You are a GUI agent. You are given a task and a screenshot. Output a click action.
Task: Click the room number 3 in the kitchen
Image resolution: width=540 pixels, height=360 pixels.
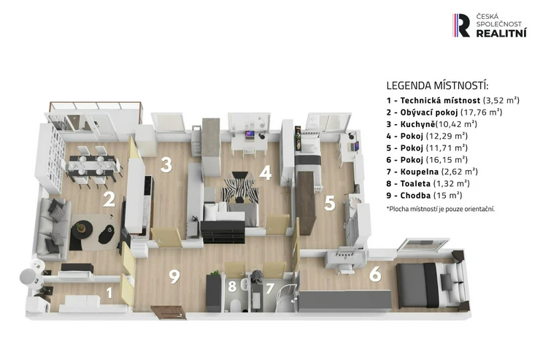(x=166, y=165)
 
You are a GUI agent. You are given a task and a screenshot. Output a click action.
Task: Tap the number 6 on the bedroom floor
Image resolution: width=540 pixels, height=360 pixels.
(x=375, y=275)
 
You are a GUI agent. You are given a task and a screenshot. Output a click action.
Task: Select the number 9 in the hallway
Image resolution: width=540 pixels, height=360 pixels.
(x=174, y=276)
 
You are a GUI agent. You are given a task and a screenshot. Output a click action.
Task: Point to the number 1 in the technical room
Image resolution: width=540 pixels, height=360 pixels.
(x=109, y=293)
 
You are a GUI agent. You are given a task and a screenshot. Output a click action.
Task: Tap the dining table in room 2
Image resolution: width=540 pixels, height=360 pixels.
(x=91, y=164)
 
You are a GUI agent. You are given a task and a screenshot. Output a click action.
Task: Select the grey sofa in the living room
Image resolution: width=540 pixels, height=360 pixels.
(x=53, y=229)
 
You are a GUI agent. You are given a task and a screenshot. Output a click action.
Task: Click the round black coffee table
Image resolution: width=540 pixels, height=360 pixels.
(x=82, y=230)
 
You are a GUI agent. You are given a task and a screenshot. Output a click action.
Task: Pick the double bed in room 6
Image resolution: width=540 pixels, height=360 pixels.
(x=431, y=285)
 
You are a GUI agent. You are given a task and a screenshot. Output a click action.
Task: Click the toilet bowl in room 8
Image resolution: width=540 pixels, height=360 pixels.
(x=236, y=305)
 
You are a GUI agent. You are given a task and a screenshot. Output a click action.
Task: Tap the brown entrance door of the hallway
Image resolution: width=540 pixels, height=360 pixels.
(x=169, y=312)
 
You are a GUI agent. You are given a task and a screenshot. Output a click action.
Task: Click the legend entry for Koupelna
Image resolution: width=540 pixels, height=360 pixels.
(x=432, y=172)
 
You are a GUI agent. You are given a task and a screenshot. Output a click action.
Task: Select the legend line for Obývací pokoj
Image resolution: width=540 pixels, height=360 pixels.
(x=444, y=112)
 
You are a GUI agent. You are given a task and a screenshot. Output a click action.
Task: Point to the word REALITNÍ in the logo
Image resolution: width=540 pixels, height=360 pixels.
(x=501, y=33)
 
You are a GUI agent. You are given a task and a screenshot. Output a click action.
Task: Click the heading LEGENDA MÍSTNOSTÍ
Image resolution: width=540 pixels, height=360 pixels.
(x=437, y=85)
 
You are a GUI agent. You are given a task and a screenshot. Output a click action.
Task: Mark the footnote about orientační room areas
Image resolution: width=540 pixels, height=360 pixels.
(x=441, y=209)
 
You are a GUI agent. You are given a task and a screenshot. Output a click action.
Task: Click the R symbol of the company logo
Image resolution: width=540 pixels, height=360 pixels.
(x=461, y=25)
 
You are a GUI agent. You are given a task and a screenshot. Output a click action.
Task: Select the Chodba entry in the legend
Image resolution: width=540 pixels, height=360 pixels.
(x=424, y=195)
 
